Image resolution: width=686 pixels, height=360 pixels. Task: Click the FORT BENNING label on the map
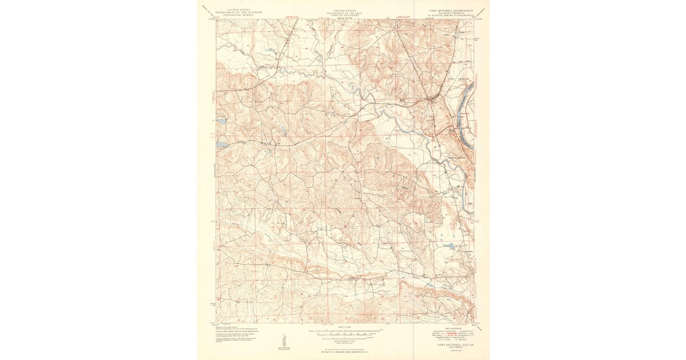(458, 78)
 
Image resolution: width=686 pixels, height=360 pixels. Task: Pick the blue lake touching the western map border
(221, 145)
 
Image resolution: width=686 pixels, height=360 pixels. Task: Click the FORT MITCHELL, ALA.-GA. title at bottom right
(451, 345)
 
